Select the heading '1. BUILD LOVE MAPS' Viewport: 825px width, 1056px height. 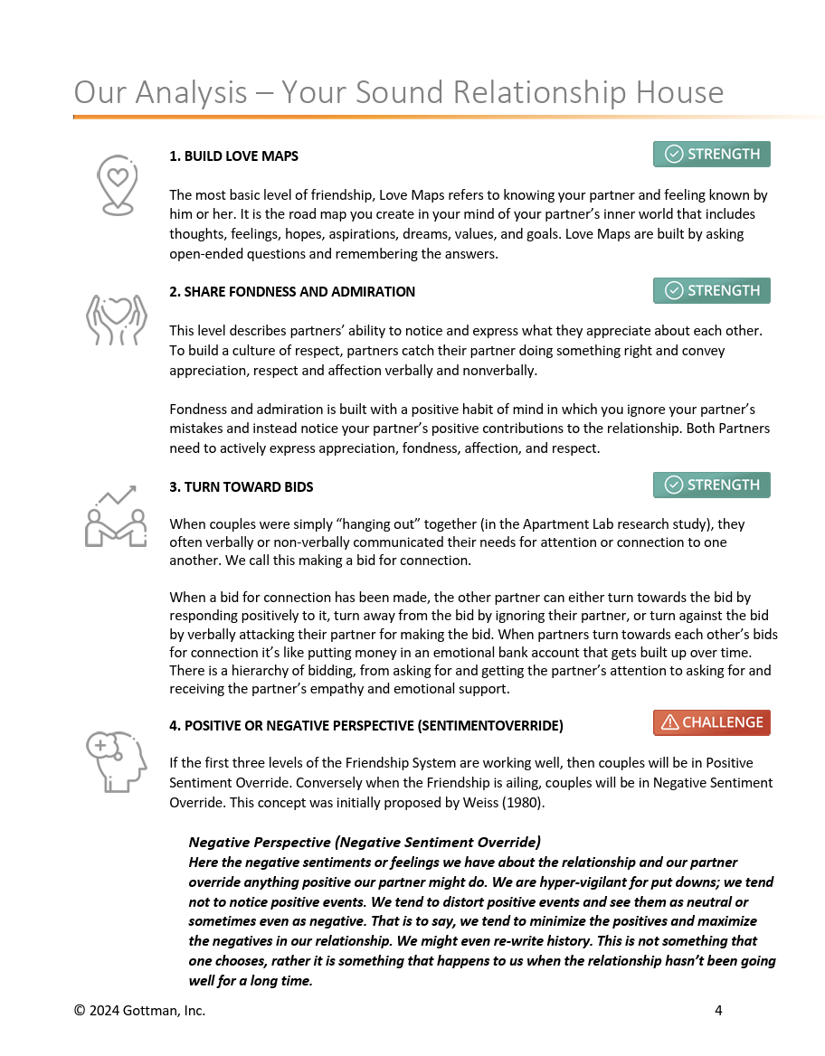[x=233, y=156]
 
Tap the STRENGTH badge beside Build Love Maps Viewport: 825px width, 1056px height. [x=712, y=155]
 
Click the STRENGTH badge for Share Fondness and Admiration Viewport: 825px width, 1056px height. [x=712, y=291]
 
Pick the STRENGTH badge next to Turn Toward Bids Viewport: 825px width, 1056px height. [x=712, y=486]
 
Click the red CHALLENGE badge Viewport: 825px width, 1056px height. [x=712, y=722]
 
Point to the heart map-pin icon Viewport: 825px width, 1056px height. [x=116, y=184]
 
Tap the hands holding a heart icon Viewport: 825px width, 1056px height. [x=116, y=318]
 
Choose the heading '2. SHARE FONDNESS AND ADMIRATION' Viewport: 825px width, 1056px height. [x=292, y=292]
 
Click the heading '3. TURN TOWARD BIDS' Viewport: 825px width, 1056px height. [x=241, y=487]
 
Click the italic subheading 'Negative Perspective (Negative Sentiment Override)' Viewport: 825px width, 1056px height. [x=365, y=843]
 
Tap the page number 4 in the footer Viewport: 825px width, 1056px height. [x=718, y=1011]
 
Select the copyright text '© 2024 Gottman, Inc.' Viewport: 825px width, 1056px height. [x=139, y=1011]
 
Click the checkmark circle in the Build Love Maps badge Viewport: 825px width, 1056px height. [x=674, y=155]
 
